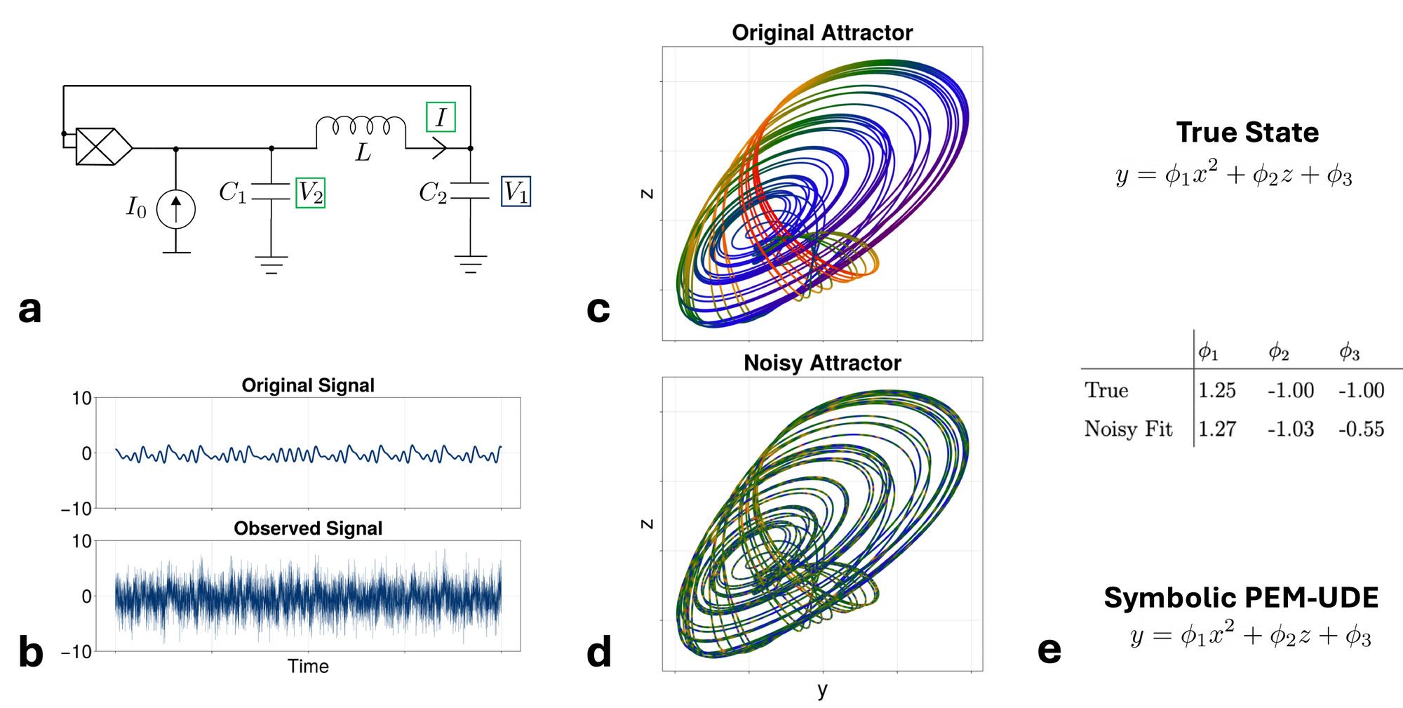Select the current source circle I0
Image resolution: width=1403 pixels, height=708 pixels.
pos(175,209)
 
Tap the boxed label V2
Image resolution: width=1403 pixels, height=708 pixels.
pos(310,192)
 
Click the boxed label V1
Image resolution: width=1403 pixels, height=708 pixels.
pos(516,192)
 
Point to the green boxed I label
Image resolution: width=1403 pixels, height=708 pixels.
pos(441,117)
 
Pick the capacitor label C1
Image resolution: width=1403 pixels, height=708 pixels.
pos(232,192)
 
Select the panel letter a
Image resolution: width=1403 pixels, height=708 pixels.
pos(29,309)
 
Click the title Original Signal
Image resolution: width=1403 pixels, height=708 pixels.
pos(308,385)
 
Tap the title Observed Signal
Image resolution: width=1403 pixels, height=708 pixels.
pos(308,528)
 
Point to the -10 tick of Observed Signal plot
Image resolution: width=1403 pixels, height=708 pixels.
pos(77,652)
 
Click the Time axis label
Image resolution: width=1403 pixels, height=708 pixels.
pos(308,666)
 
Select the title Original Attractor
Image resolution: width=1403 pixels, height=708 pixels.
pos(822,32)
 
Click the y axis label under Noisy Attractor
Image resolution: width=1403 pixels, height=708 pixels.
pos(822,690)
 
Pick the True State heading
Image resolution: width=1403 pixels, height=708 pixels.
pos(1247,133)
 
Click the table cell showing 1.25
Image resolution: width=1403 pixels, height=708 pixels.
pos(1216,390)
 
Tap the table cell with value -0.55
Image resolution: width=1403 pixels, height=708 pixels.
pos(1361,429)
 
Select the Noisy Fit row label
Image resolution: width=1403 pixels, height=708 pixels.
pos(1128,429)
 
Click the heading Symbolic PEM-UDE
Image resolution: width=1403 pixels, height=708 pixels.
pos(1241,598)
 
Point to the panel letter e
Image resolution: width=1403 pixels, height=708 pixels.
pos(1049,650)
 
